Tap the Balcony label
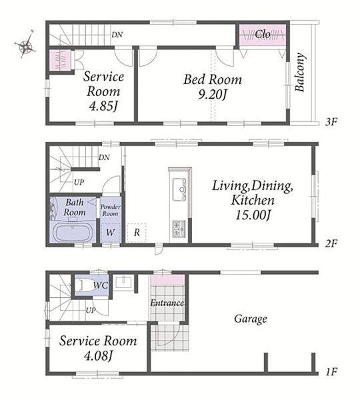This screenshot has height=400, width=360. click(x=300, y=72)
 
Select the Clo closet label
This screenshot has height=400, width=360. click(x=263, y=34)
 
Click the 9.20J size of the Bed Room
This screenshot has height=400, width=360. click(x=212, y=95)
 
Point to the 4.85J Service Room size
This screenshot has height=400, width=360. click(x=103, y=106)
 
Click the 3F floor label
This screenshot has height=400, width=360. click(x=331, y=122)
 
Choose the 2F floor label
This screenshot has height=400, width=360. click(x=331, y=243)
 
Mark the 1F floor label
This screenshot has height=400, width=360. click(x=331, y=372)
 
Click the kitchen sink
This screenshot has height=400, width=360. click(x=179, y=189)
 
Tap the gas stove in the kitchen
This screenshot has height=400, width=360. click(x=179, y=229)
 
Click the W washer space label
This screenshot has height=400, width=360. click(x=110, y=233)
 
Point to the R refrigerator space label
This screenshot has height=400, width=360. click(x=137, y=233)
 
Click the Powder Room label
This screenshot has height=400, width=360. click(x=110, y=210)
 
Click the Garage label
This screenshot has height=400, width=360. click(x=251, y=319)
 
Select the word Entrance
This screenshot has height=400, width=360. click(x=167, y=303)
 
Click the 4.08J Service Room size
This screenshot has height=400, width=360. click(x=98, y=355)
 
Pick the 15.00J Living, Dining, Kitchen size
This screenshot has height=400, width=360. click(x=253, y=215)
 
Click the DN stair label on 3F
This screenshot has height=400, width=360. click(x=117, y=35)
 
